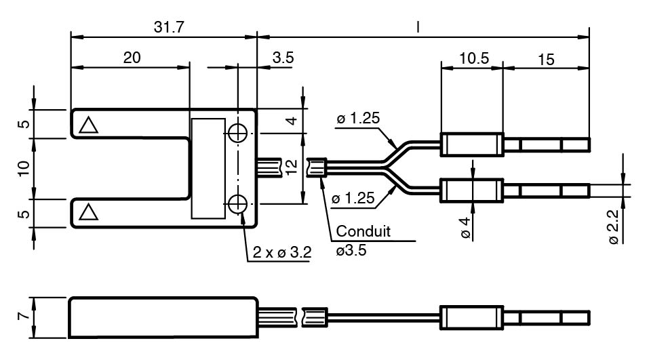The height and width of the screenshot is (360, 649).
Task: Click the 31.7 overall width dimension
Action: (x=166, y=26)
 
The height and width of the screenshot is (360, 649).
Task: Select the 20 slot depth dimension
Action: (x=132, y=58)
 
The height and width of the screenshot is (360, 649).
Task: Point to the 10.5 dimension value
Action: (x=473, y=58)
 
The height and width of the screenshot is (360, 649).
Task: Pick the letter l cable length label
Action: (x=418, y=26)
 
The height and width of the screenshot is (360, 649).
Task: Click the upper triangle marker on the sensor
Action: (x=87, y=125)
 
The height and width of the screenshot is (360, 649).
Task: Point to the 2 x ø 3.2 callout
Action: (x=282, y=253)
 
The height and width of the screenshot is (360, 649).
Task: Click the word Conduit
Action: (x=363, y=231)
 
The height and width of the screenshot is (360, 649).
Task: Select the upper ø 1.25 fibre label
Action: (x=357, y=119)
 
